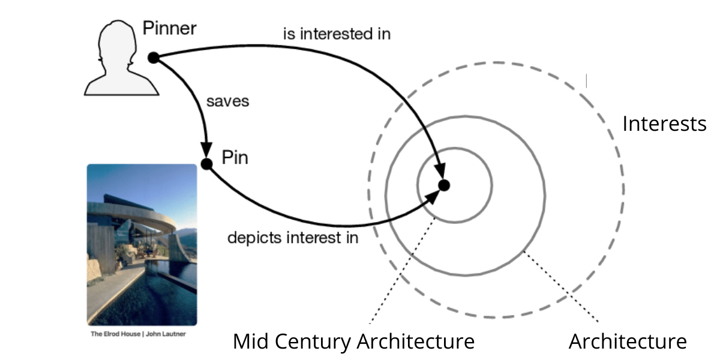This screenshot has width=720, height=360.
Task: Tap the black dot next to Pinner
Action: coord(153,58)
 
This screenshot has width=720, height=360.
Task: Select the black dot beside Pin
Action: coord(207,163)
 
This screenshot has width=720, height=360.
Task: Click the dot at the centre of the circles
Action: coord(444,185)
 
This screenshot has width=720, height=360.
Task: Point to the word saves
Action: coord(227,101)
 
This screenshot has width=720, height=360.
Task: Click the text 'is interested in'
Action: coord(337,34)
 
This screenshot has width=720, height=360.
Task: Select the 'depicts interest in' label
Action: coord(293,238)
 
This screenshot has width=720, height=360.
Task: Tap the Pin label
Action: coord(235,158)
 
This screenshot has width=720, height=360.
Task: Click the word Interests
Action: coord(664,124)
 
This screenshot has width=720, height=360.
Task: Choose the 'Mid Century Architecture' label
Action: coord(353,341)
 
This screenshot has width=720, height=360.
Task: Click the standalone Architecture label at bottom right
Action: coord(627,341)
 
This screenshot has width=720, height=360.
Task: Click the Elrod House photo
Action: coord(142,244)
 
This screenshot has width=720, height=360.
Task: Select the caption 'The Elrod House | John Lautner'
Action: coord(138,333)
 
